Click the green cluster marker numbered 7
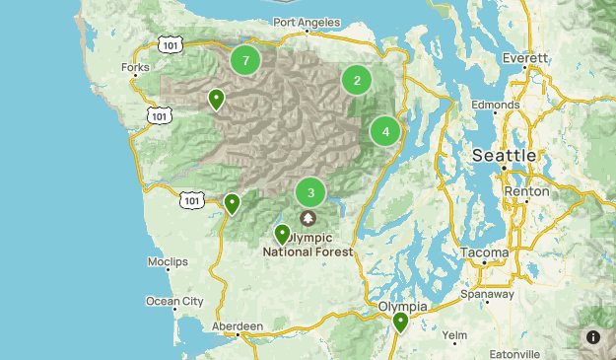point(245,60)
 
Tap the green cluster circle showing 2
point(357,81)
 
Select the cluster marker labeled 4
point(385,131)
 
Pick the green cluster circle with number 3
point(310,193)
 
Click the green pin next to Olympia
point(400,322)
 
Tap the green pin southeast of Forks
point(216,99)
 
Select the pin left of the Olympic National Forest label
point(283,235)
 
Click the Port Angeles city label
point(308,23)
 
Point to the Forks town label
point(135,67)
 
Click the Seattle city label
point(505,156)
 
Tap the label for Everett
point(524,58)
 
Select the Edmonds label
point(495,106)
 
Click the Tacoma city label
point(484,252)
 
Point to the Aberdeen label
point(238,325)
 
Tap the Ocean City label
point(174,301)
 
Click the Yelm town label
point(454,335)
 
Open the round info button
point(593,336)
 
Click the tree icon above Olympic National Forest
point(308,218)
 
